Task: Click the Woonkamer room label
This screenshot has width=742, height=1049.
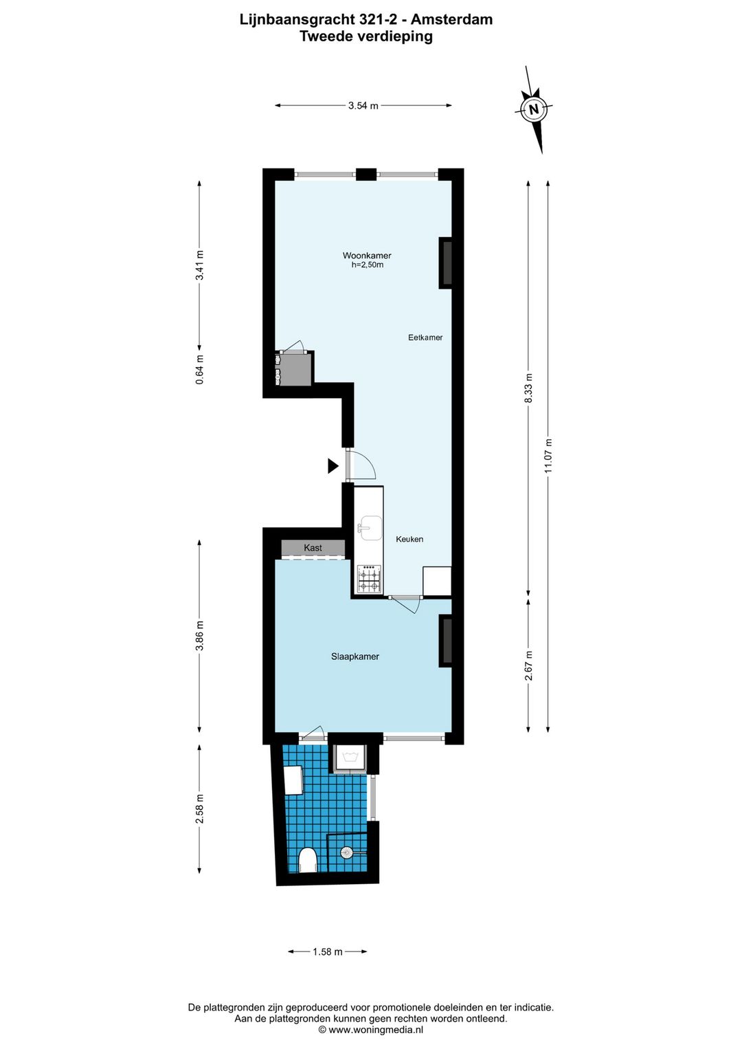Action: (367, 255)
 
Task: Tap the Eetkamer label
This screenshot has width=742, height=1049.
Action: (425, 338)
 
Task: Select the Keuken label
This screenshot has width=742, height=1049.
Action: (409, 540)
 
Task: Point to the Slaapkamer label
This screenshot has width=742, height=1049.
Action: (355, 656)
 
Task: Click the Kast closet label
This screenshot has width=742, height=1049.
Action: (313, 548)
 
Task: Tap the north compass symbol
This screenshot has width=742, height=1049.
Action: (534, 109)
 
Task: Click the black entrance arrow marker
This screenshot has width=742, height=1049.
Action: (333, 466)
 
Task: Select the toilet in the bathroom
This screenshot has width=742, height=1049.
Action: (308, 860)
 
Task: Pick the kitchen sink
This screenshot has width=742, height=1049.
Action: (370, 528)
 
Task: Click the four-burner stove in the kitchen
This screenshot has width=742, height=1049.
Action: (369, 578)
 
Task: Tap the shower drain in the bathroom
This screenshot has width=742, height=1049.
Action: (347, 852)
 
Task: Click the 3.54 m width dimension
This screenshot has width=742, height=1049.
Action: (363, 106)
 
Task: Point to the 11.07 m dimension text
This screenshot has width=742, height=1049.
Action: (548, 456)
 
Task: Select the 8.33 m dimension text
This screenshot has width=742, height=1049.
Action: (528, 388)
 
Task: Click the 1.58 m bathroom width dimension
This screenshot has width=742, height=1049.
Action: (327, 952)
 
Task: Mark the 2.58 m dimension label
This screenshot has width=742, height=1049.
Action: (200, 808)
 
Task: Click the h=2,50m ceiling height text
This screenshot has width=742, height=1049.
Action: (368, 265)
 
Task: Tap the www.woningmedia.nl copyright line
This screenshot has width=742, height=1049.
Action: (371, 1030)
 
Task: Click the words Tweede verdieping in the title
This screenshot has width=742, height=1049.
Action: (366, 36)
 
